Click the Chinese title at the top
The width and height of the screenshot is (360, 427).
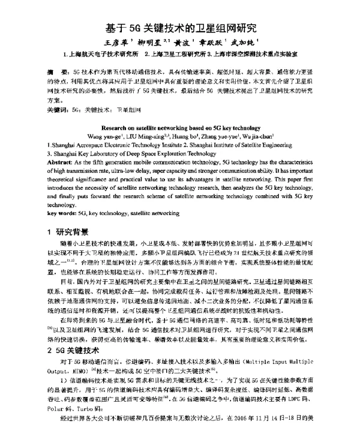pyautogui.click(x=180, y=28)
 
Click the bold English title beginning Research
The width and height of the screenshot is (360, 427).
pyautogui.click(x=179, y=129)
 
